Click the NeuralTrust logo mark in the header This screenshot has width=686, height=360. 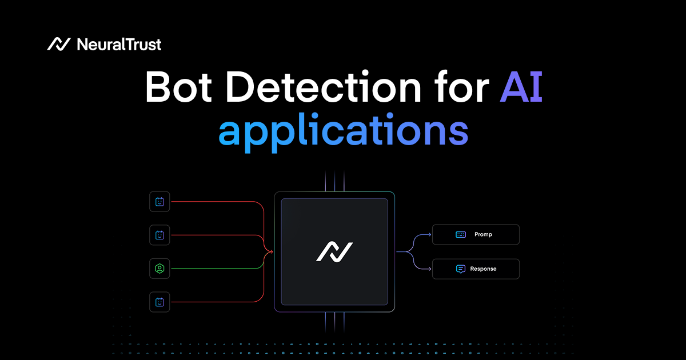click(x=58, y=44)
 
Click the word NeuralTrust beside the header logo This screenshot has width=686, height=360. click(x=118, y=44)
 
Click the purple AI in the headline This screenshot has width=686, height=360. click(x=521, y=89)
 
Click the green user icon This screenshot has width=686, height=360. click(x=159, y=268)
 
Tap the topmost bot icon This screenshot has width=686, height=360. click(x=159, y=201)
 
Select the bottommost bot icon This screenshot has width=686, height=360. click(x=159, y=302)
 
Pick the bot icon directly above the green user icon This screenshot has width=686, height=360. click(x=159, y=234)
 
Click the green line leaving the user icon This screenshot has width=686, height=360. click(x=217, y=268)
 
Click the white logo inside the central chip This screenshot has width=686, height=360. click(x=334, y=251)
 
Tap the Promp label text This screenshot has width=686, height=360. click(x=483, y=235)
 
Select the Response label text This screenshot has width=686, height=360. click(x=483, y=269)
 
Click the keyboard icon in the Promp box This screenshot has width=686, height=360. click(x=461, y=235)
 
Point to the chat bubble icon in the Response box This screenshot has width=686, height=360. click(x=461, y=269)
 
